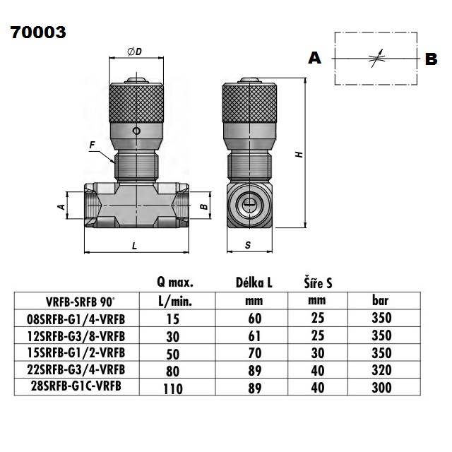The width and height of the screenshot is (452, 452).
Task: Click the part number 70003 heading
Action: pos(38,32)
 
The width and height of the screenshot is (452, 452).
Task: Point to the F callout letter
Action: pos(93,146)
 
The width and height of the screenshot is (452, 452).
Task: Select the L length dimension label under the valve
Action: pos(134,245)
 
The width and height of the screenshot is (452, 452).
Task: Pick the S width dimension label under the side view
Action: pos(248,245)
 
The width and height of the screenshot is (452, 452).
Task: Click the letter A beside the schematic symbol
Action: pos(315,59)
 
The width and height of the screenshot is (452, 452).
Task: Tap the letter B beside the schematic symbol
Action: pos(431,60)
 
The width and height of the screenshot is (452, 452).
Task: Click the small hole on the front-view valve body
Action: pos(137,131)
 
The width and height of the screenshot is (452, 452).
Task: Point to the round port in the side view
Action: pos(249,206)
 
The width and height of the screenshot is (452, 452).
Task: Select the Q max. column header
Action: pos(175,283)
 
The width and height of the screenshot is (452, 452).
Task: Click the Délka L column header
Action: pos(254,283)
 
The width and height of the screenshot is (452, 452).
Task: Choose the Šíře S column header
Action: pos(318,283)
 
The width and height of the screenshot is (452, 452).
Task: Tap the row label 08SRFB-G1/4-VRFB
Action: pos(85,319)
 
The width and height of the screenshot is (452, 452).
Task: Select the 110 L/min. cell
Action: pos(173,388)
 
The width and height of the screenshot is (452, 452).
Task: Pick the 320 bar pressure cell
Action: pos(381,369)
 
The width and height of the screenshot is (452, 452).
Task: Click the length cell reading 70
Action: pos(255,352)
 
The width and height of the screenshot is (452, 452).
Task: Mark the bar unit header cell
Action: pos(380,301)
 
